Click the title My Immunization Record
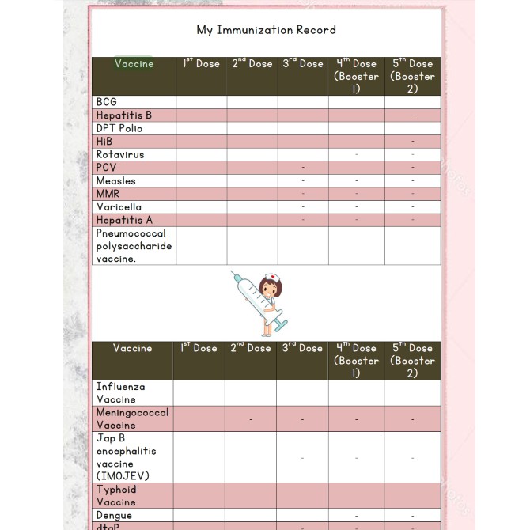(266, 30)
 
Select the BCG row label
(107, 102)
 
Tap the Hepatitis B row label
(124, 115)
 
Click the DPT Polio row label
(119, 128)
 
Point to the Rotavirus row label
(120, 154)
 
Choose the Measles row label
(116, 180)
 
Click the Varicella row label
(119, 206)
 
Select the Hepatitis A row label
(124, 220)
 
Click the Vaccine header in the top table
(134, 64)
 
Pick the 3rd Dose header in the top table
(303, 64)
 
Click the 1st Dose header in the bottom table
(199, 348)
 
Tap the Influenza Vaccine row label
(121, 392)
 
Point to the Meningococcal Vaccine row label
(132, 418)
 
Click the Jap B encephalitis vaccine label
(126, 456)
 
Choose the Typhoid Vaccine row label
(116, 495)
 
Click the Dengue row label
(114, 515)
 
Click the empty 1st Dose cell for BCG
(202, 102)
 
